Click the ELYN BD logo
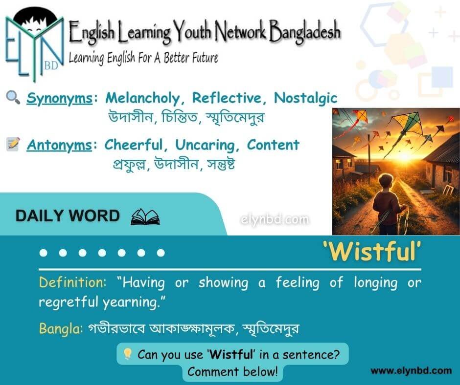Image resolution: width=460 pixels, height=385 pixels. coord(35,44)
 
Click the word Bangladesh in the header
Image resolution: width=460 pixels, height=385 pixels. coord(305,31)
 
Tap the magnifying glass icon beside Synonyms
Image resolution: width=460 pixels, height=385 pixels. coord(13,97)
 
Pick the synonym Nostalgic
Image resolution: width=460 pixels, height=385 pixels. coord(305,98)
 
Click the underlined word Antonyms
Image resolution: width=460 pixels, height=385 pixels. coord(59,145)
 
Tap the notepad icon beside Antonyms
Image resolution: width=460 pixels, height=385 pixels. coord(13,144)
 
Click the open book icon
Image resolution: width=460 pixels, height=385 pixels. coord(145,217)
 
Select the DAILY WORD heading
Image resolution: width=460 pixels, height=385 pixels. coord(68,216)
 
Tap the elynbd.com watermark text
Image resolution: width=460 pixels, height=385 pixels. coord(275,219)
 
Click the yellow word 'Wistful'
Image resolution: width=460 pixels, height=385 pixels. coord(372,252)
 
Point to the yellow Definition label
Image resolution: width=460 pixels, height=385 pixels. coord(72,282)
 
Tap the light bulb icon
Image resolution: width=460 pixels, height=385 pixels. coord(127,354)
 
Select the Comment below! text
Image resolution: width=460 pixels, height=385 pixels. coord(232,372)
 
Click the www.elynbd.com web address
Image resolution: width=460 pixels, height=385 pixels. coord(411,371)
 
